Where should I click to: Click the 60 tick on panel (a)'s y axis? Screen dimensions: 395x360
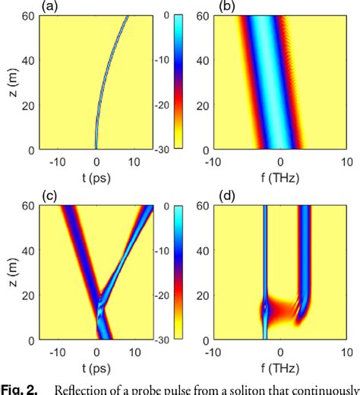point(25,17)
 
